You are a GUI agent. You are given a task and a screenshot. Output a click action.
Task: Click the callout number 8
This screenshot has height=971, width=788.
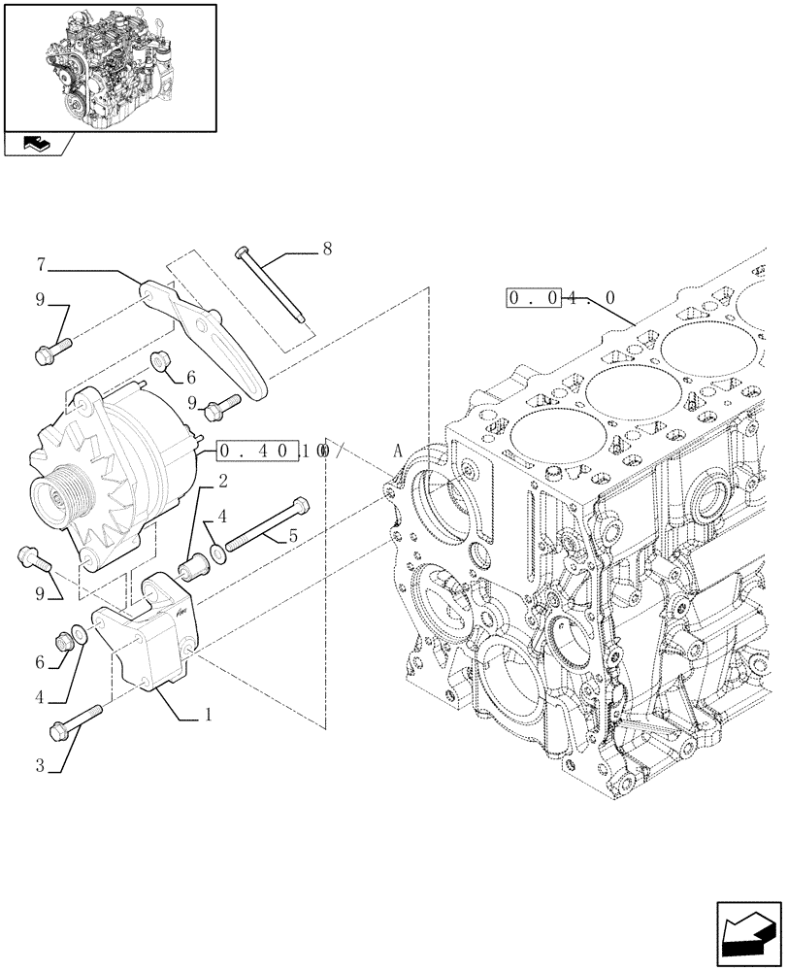[x=327, y=250]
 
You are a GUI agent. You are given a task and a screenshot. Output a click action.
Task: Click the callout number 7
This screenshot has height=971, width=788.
[x=41, y=263]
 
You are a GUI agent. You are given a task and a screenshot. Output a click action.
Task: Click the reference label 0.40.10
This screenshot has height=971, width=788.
[x=272, y=452]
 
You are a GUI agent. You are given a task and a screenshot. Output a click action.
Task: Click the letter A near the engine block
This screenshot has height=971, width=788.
[x=397, y=451]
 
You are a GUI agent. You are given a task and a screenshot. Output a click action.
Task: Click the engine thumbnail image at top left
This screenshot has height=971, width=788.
[x=109, y=66]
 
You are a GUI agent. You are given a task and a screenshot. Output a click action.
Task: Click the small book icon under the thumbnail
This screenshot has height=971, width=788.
[x=36, y=145]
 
